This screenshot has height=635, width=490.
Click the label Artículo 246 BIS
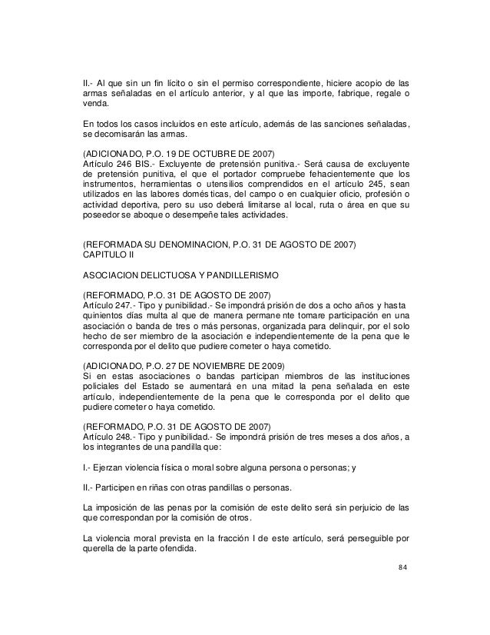click(x=114, y=165)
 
